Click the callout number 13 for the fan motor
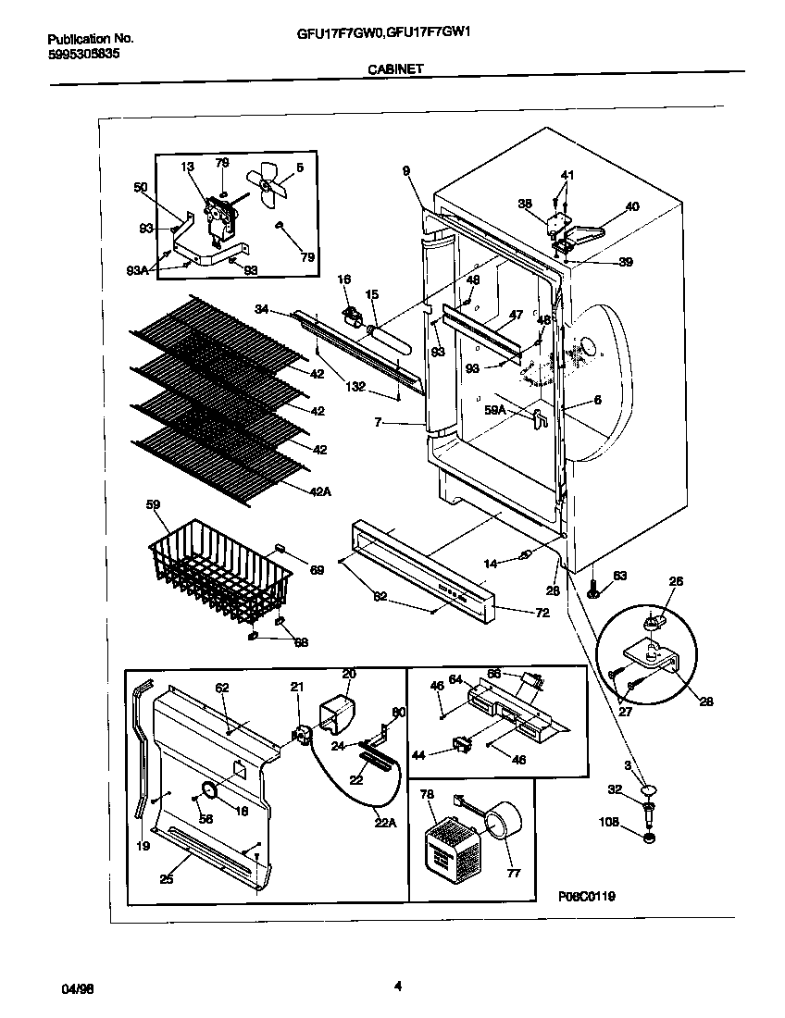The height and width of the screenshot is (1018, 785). point(188,167)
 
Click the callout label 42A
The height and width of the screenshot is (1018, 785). point(321,492)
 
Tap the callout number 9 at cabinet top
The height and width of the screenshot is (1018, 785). point(405,169)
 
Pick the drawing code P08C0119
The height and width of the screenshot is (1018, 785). point(587,896)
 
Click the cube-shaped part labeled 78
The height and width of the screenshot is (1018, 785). point(447,846)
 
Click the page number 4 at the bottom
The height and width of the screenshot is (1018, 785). point(397,986)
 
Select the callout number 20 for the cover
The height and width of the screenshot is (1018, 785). point(349,674)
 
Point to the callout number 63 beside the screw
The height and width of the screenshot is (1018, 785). point(619,577)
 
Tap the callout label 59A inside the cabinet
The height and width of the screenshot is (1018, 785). point(496,408)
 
